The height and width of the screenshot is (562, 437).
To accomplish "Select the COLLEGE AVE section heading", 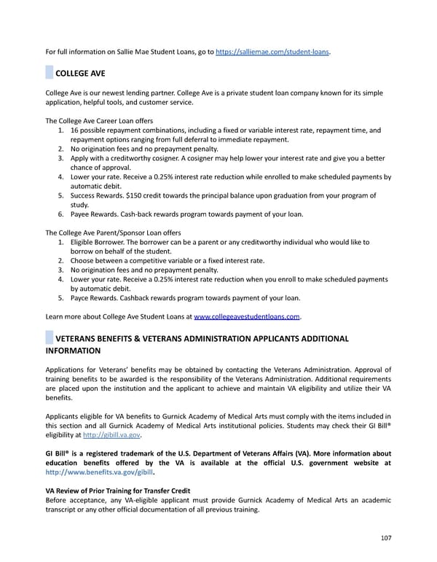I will [x=80, y=74].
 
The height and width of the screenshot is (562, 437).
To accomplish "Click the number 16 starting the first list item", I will [x=76, y=130].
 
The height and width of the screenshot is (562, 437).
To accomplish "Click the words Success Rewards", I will [x=97, y=195].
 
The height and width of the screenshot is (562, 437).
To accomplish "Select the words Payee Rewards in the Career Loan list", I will [x=95, y=214].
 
